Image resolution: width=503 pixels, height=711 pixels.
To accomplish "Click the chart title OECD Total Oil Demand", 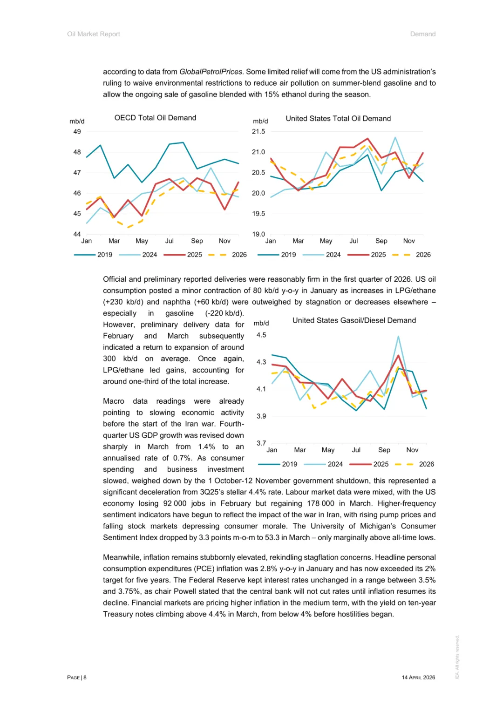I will [x=155, y=118].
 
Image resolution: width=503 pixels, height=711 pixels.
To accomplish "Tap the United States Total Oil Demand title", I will [x=338, y=119].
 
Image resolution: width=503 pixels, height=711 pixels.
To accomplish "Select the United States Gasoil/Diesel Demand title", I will [x=354, y=320].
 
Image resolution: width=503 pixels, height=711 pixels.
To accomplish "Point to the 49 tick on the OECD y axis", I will [x=77, y=132].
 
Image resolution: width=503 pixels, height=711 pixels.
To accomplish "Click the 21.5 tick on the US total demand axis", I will [x=258, y=132].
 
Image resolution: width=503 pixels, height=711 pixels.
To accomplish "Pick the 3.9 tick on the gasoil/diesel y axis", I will [x=261, y=416].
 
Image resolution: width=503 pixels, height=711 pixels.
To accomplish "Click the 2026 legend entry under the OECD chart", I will [x=239, y=255].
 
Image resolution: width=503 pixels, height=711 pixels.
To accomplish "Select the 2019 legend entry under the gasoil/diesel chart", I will [x=289, y=464].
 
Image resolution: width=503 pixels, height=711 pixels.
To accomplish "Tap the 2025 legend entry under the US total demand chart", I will [x=378, y=255].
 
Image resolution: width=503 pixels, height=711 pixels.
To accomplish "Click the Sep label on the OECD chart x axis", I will [x=197, y=241].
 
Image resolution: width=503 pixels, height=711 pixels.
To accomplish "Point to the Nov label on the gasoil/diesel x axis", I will [x=412, y=450].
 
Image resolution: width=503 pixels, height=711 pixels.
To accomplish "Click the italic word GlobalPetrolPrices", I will [x=211, y=72].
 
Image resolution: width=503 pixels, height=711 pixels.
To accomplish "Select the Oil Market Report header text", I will [x=94, y=34].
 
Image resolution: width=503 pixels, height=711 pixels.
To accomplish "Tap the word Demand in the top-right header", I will [x=423, y=34].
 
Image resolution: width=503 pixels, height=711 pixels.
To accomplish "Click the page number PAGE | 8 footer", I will [x=77, y=677].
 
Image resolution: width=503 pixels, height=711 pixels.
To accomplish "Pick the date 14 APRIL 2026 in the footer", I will [x=418, y=677].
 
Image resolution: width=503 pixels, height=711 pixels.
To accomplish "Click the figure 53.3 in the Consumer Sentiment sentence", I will [x=272, y=537].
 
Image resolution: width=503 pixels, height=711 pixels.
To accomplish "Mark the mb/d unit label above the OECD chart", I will [x=77, y=122].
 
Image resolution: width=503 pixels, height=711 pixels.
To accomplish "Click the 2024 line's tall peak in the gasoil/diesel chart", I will [x=398, y=336].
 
